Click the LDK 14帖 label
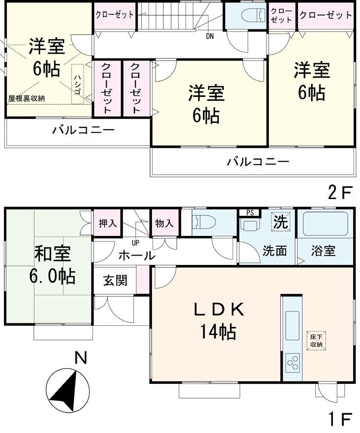217,320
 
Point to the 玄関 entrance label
115,280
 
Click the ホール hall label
137,255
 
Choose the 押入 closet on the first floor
108,223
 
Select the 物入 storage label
164,223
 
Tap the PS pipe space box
250,212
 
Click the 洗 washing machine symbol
281,221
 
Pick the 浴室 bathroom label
323,250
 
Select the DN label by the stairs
210,35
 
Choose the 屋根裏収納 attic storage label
27,98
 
